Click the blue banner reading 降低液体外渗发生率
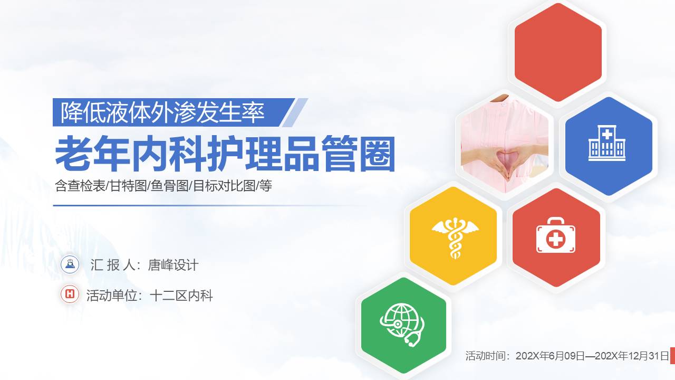point(163,112)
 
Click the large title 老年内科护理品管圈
point(225,154)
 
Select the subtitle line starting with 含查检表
point(163,186)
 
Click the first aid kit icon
point(556,238)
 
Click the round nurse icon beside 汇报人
point(70,264)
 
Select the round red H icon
point(70,294)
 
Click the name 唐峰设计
point(173,265)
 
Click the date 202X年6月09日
point(550,356)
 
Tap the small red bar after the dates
point(672,356)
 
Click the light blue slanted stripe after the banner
point(295,112)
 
